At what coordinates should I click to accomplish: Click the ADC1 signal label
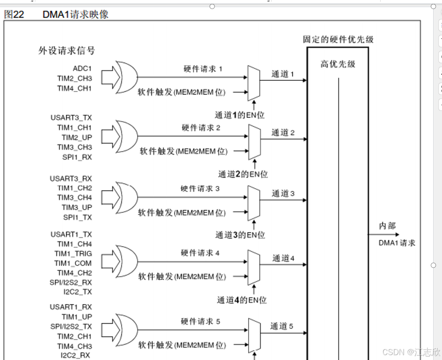coord(83,68)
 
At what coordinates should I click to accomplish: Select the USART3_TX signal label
coord(71,118)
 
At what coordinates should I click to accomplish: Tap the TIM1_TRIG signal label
coord(73,254)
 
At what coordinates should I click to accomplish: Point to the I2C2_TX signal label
coord(78,292)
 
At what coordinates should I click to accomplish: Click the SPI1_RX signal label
coord(77,157)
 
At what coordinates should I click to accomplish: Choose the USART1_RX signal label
coord(71,307)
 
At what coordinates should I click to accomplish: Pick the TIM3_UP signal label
coord(77,208)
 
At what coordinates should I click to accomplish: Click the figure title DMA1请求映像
coord(76,15)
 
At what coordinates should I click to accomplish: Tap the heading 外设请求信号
coord(67,51)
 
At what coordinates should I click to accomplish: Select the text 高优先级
coord(338,64)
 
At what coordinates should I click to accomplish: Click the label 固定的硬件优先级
coord(338,39)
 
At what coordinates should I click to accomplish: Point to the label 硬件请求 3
coord(200,189)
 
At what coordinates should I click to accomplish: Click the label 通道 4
coord(283,258)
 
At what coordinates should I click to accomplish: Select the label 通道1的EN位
coord(240,116)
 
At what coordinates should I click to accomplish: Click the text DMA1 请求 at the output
coord(397,243)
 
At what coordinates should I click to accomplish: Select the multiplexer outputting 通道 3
coord(254,202)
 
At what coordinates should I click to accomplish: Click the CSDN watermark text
coord(411,352)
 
